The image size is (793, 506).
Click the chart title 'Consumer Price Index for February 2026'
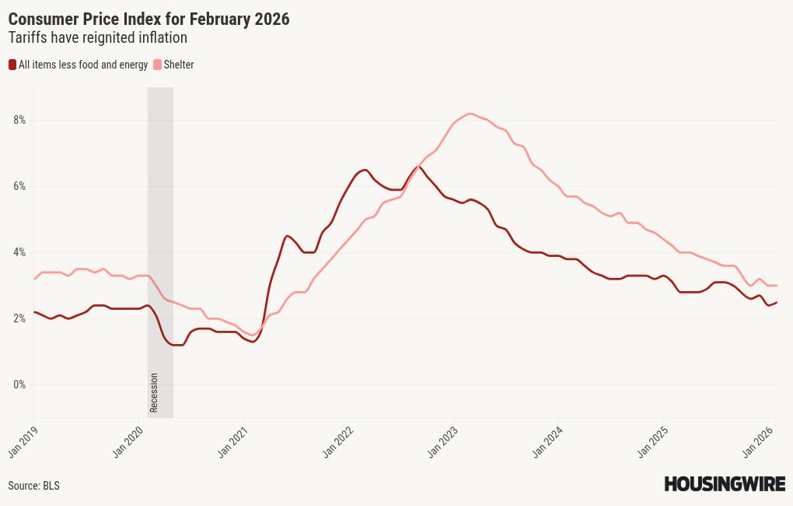point(148,19)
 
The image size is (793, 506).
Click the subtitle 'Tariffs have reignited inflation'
point(97,37)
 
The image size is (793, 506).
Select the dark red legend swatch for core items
point(12,65)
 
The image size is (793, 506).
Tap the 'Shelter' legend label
point(179,65)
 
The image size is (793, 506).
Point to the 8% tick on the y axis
point(19,120)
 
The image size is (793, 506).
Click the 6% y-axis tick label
point(19,186)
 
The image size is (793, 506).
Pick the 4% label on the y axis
point(19,252)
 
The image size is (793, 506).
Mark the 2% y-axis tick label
point(19,318)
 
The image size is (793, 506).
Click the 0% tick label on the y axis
point(19,385)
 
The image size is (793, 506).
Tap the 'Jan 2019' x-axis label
point(23,440)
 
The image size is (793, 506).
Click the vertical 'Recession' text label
point(154,393)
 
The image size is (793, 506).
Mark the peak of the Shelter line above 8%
point(470,114)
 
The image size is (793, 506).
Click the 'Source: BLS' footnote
point(33,486)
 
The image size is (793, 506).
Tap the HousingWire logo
point(724,484)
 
